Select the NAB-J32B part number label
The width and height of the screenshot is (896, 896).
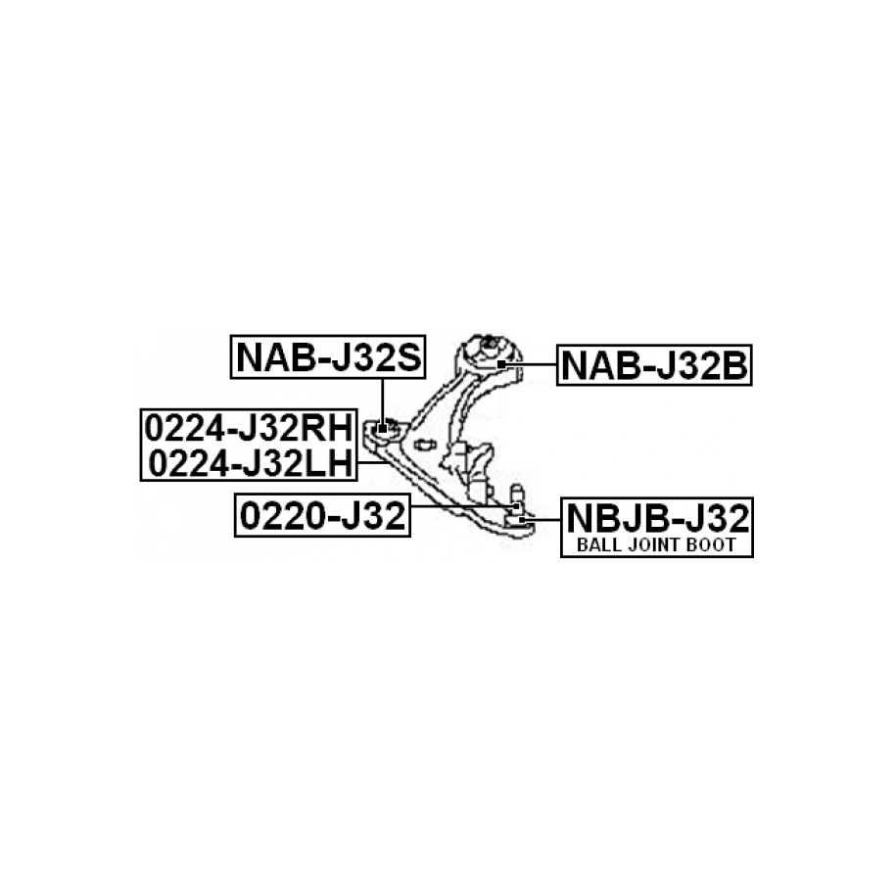[654, 365]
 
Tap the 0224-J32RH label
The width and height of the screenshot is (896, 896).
[247, 428]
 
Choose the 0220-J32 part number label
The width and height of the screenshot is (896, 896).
[322, 516]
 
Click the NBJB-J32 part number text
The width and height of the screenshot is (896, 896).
[656, 515]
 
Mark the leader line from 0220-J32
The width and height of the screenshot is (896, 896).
[460, 506]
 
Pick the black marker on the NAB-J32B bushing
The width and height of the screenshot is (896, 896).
[500, 363]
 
